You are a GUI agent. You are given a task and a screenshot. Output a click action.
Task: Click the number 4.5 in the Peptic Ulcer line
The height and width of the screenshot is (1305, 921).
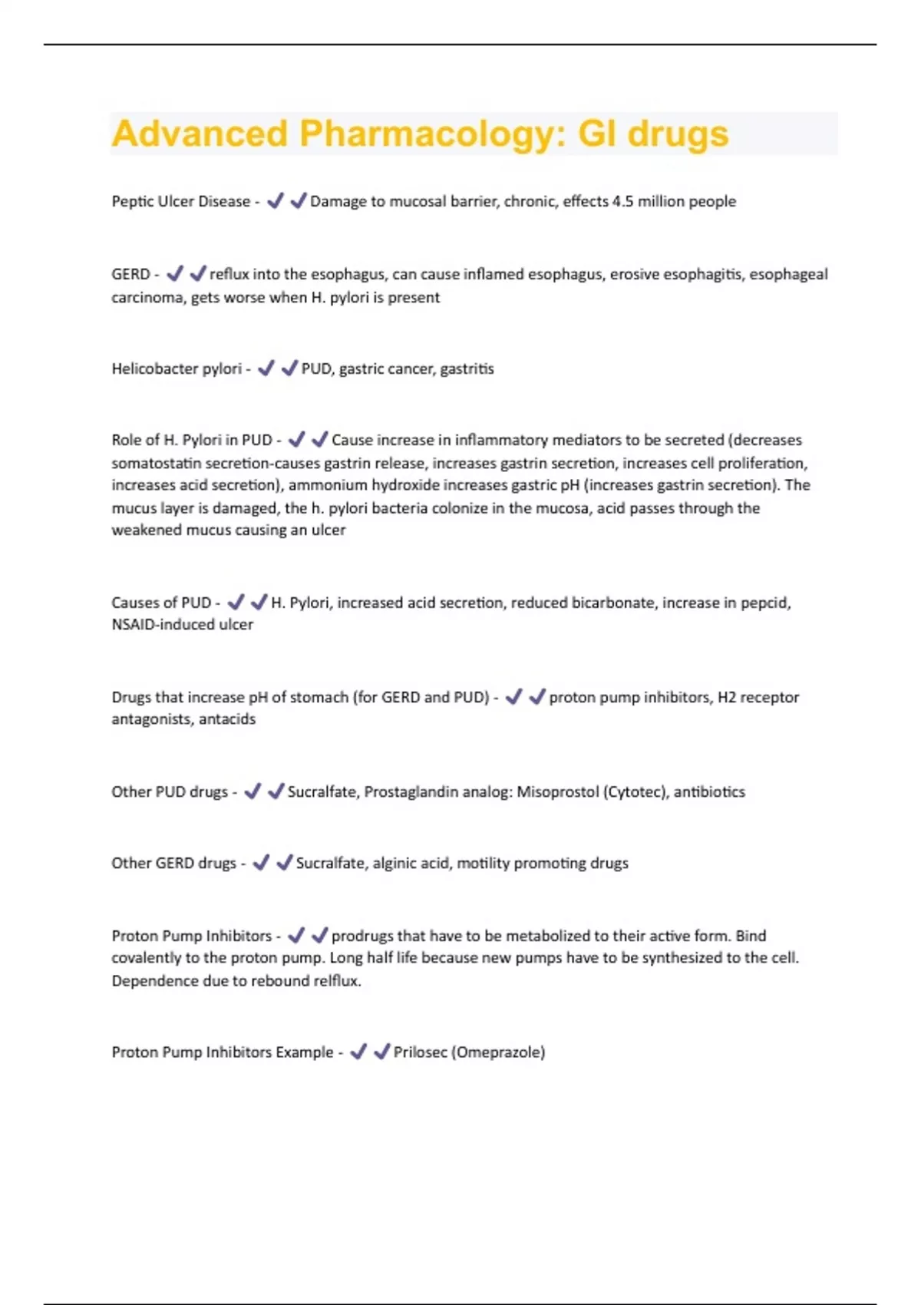coord(622,201)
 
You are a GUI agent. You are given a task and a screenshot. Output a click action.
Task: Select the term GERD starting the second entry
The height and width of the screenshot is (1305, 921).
coord(130,274)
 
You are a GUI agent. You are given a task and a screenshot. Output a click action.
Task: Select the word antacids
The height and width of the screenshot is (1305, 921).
coord(227,719)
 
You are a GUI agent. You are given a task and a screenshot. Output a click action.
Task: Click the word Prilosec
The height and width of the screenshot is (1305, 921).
coord(421,1052)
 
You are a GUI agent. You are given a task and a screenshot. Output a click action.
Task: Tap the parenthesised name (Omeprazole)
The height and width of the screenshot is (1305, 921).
coord(498,1052)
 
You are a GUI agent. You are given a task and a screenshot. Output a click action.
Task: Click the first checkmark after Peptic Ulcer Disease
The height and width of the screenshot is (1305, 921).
coord(275,201)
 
